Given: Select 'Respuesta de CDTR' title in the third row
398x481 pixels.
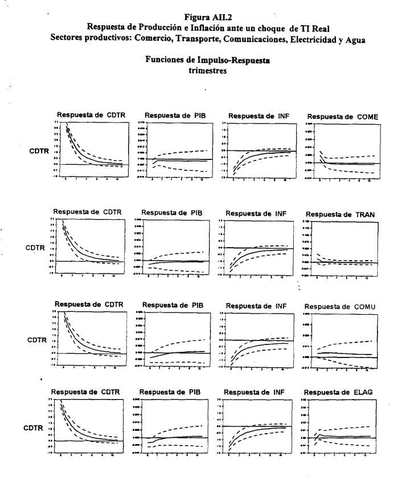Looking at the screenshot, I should [x=86, y=305].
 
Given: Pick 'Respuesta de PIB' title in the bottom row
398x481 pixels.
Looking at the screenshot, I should [x=169, y=392].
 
